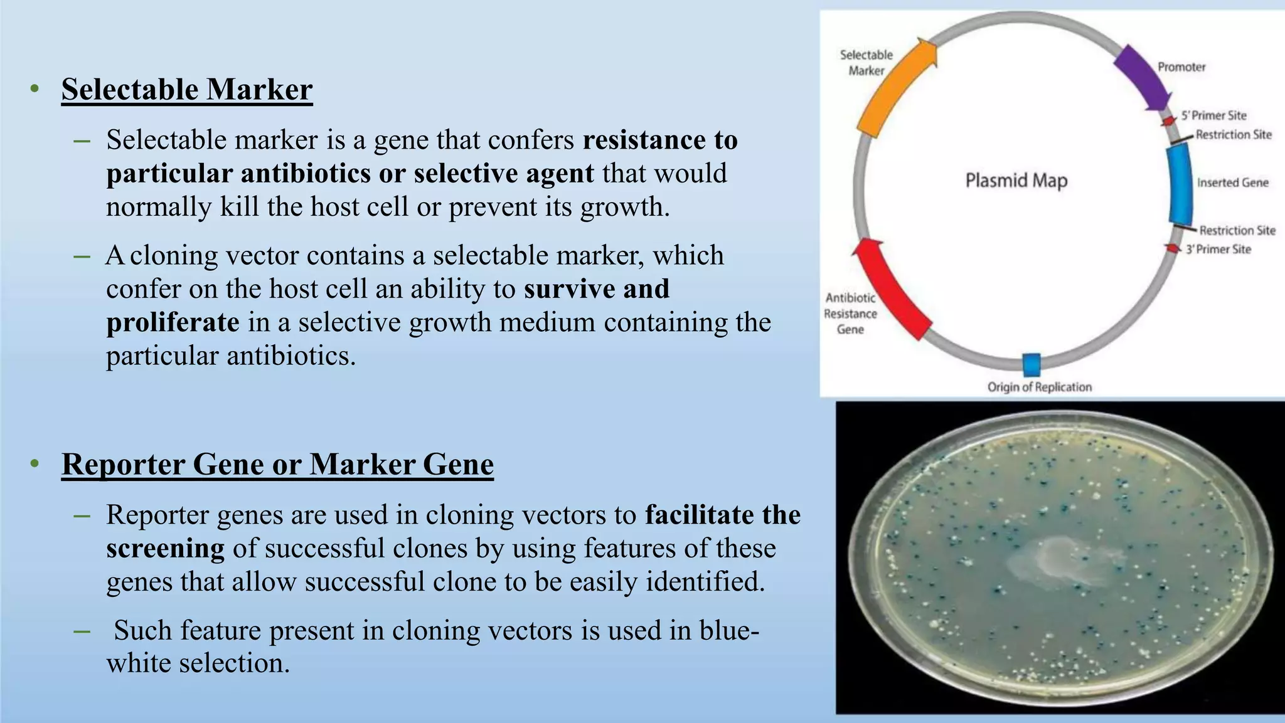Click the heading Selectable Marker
(187, 90)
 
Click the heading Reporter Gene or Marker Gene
(277, 465)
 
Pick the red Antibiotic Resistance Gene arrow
(891, 289)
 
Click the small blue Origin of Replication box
(1032, 364)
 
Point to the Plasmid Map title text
(1016, 181)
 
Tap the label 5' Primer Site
(1213, 115)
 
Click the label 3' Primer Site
(1218, 250)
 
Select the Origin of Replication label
(1040, 387)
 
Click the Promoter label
(1181, 67)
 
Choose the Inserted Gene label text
(1232, 182)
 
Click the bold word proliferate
(173, 323)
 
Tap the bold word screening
(165, 549)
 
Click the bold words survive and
(597, 289)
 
